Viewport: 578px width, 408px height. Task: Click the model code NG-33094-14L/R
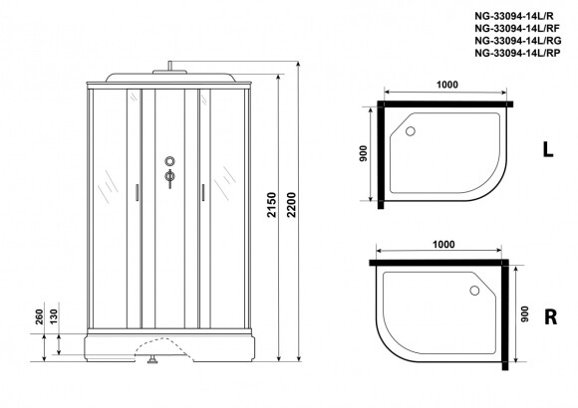[514, 16]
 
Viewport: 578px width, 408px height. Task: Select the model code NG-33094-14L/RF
[517, 28]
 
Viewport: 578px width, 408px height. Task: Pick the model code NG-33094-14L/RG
[518, 40]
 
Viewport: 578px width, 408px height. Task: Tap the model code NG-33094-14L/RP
[517, 53]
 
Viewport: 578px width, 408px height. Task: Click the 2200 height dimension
[291, 205]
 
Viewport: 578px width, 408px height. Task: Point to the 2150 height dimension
[272, 205]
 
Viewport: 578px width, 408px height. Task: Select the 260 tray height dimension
[40, 317]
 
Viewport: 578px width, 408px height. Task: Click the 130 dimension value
[54, 317]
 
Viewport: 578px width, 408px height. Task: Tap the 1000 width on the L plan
[447, 85]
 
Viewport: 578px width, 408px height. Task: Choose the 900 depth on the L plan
[363, 153]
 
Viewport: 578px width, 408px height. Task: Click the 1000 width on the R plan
[443, 244]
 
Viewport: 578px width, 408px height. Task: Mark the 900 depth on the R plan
[525, 314]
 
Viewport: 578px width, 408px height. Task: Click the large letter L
[548, 149]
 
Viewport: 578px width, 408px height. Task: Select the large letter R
[551, 316]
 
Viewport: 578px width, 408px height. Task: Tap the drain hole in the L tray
[411, 131]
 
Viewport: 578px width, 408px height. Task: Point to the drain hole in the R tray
[474, 291]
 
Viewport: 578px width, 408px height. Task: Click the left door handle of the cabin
[138, 193]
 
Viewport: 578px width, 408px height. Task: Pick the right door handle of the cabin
[203, 193]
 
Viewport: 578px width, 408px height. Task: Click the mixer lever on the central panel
[169, 178]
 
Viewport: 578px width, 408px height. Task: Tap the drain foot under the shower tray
[152, 359]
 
